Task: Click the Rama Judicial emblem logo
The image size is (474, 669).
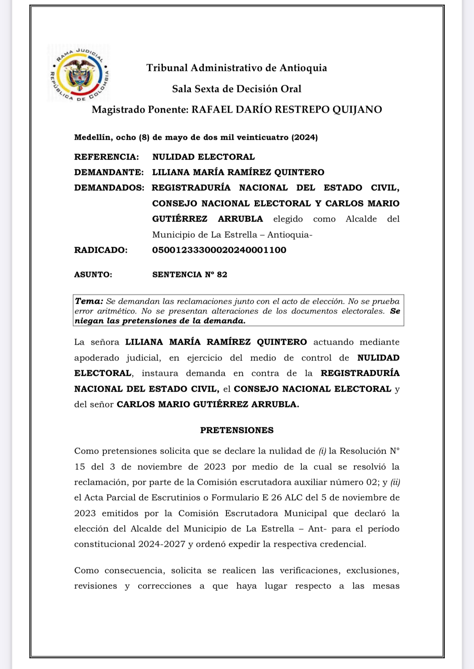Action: click(x=79, y=73)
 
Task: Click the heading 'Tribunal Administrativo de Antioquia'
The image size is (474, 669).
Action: click(x=237, y=68)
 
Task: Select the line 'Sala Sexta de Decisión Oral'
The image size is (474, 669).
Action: click(x=237, y=89)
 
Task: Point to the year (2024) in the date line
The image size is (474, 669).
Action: click(x=305, y=137)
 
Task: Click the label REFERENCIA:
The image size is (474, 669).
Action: click(x=107, y=157)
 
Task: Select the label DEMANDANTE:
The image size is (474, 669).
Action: click(x=109, y=172)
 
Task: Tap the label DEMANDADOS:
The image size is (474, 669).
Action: click(x=109, y=187)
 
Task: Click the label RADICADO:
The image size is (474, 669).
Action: click(x=101, y=250)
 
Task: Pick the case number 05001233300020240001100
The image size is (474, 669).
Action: click(x=219, y=250)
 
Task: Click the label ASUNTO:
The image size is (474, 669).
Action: click(x=93, y=275)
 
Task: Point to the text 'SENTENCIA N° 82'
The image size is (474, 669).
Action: click(x=190, y=275)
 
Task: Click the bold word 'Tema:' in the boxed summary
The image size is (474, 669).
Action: click(x=89, y=301)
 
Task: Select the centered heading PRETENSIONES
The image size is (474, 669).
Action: click(x=237, y=430)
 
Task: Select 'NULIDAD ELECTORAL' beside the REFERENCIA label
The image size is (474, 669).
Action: click(x=203, y=157)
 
